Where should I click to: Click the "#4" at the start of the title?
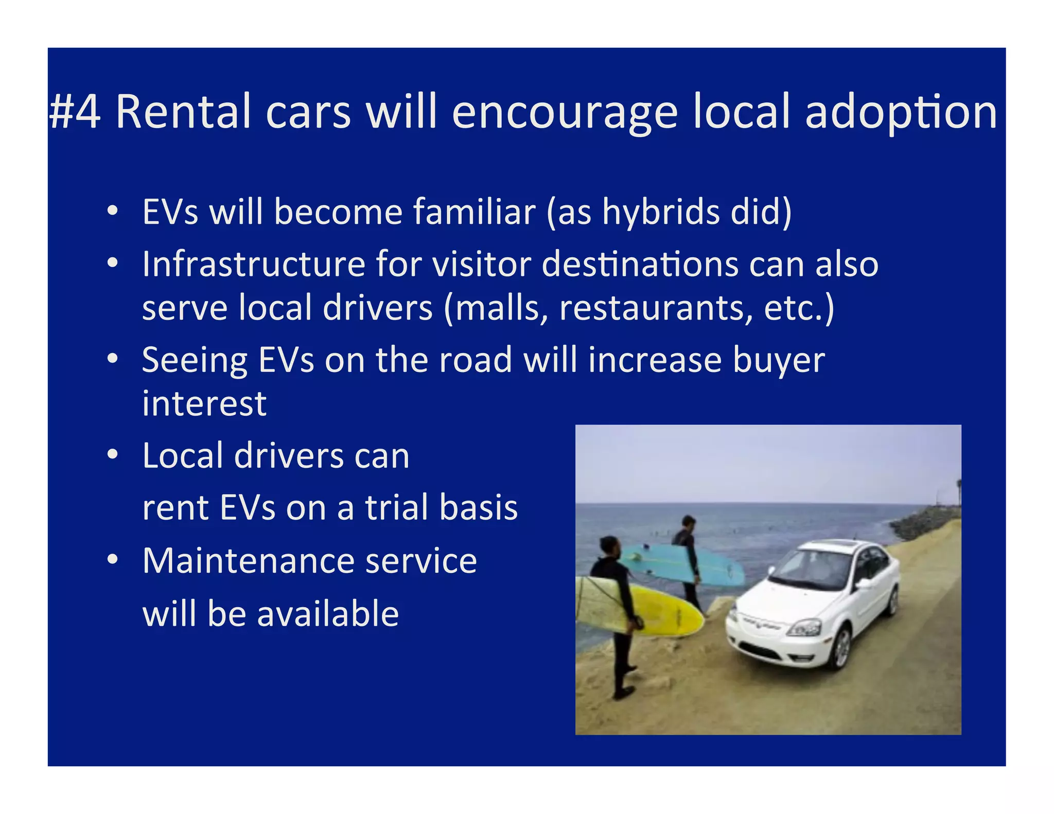[x=75, y=112]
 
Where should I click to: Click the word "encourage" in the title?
[x=565, y=113]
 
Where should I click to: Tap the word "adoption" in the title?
[x=901, y=113]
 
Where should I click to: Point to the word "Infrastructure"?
[x=254, y=264]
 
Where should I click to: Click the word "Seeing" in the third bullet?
[x=195, y=360]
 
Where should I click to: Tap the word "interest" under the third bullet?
[x=204, y=403]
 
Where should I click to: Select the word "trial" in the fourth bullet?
[x=397, y=507]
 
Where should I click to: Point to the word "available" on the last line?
[x=328, y=614]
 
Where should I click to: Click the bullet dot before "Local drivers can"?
[x=113, y=455]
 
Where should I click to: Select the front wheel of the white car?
[x=840, y=648]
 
